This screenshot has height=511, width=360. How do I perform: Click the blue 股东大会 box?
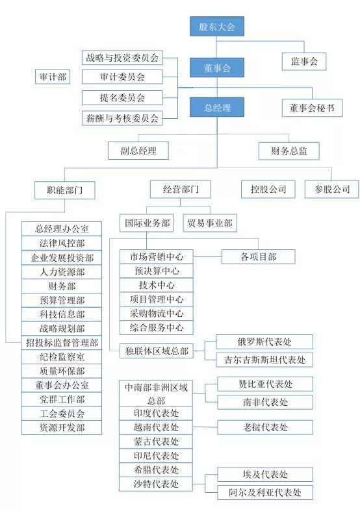coord(217,27)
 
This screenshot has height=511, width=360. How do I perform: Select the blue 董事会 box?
coord(217,68)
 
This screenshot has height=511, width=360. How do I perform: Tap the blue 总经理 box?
coord(217,107)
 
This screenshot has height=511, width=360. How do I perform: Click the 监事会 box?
coord(304,61)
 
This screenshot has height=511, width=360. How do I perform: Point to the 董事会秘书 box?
coord(312,108)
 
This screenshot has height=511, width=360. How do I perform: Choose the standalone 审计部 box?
coord(53,77)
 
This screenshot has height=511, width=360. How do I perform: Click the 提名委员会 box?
coord(122,97)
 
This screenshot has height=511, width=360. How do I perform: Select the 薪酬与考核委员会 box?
coord(122,118)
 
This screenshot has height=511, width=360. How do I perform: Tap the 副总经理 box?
coord(138,151)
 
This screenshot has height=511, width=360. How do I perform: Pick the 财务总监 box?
coord(289,151)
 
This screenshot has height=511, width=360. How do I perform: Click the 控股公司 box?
coord(268,190)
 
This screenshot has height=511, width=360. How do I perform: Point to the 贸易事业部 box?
coord(210,223)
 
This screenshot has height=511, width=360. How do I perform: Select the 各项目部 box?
coord(258,257)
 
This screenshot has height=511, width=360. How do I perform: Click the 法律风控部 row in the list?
coord(62,243)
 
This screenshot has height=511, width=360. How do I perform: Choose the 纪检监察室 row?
coord(62,357)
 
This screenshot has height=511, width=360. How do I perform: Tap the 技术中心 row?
coord(157,285)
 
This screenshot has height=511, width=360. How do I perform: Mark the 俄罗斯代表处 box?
coord(264,342)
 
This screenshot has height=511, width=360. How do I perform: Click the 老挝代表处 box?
coord(265,427)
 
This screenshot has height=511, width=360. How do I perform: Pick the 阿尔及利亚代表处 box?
coord(265,492)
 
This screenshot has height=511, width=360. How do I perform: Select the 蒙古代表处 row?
coord(156,442)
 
